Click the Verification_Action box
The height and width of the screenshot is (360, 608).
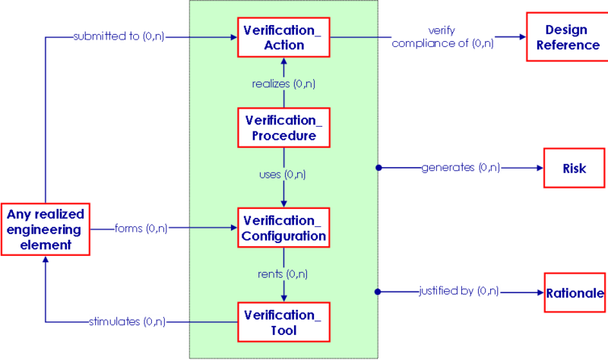(283, 37)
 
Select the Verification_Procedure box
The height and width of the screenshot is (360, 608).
(283, 128)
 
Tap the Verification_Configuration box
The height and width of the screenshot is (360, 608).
(283, 228)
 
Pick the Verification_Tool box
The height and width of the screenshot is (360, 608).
(283, 322)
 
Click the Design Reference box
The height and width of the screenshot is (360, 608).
(567, 36)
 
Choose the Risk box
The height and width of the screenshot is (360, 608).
(575, 168)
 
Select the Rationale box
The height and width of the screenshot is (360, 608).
(575, 292)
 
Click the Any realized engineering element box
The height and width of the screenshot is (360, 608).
(46, 229)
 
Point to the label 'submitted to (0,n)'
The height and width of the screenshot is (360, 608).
(119, 36)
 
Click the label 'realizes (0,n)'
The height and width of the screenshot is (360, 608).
(283, 84)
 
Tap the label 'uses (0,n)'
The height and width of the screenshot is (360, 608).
(282, 175)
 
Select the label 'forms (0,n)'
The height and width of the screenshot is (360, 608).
(141, 229)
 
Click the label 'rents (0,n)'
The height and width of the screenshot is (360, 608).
(283, 274)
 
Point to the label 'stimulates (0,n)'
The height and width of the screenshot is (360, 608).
(127, 321)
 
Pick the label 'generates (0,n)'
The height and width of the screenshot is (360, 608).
(461, 167)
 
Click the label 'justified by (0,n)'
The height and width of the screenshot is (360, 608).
(459, 291)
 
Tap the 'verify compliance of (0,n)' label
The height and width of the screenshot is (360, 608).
(442, 36)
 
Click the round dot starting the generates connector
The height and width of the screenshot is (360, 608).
(378, 168)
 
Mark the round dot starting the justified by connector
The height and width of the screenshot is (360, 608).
(378, 292)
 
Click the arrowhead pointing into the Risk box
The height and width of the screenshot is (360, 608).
(540, 168)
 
